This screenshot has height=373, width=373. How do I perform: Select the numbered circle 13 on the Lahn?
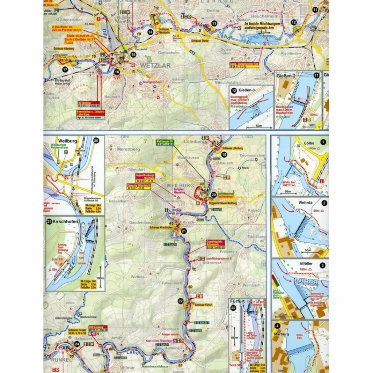[x=214, y=24]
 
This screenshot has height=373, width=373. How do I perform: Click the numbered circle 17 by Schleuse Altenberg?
[x=65, y=69]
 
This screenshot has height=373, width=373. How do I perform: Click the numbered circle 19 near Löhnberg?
[x=224, y=154]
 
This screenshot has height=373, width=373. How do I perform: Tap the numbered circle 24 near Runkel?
[x=77, y=344]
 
